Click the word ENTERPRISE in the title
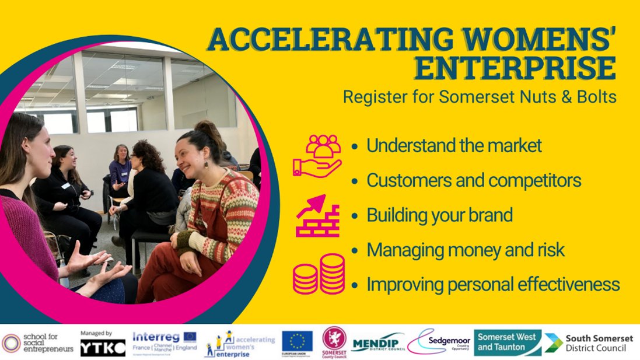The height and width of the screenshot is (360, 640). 516,68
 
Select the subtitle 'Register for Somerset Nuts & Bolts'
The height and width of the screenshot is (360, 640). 480,97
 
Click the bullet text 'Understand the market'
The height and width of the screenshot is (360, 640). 454,146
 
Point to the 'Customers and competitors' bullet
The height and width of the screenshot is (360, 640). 473,180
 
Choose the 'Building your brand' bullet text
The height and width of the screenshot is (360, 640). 439,215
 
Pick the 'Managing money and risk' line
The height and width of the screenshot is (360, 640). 465,250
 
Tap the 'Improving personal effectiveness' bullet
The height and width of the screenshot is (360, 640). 492,284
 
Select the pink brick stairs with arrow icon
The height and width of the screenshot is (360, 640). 317,215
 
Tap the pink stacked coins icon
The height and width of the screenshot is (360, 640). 319,274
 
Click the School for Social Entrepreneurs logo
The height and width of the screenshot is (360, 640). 38,343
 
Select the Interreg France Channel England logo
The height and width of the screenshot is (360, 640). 164,342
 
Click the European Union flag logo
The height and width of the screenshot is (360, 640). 297,341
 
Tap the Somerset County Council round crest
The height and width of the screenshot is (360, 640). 334,341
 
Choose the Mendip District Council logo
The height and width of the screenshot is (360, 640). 378,342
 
